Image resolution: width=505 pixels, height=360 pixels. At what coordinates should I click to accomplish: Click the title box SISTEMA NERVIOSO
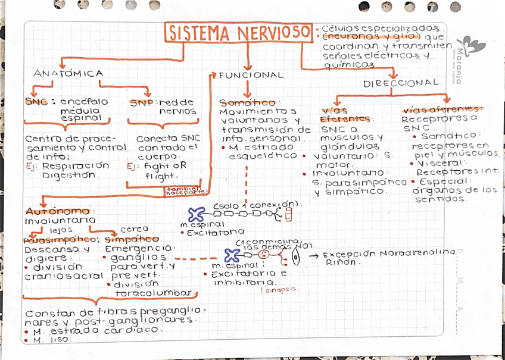[x=239, y=33]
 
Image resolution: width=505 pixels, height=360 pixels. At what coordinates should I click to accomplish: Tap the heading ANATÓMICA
[x=68, y=74]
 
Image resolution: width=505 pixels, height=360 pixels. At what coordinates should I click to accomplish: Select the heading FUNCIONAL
[x=251, y=76]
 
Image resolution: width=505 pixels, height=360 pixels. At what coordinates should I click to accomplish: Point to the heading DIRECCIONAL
[x=402, y=84]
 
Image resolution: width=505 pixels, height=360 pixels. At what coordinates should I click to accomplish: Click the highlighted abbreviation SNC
[x=36, y=102]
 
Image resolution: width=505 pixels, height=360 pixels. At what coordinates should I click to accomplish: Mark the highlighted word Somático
[x=247, y=103]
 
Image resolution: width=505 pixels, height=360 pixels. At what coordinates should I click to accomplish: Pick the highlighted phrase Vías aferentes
[x=441, y=109]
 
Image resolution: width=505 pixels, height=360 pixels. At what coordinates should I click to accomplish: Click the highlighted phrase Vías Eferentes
[x=345, y=115]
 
